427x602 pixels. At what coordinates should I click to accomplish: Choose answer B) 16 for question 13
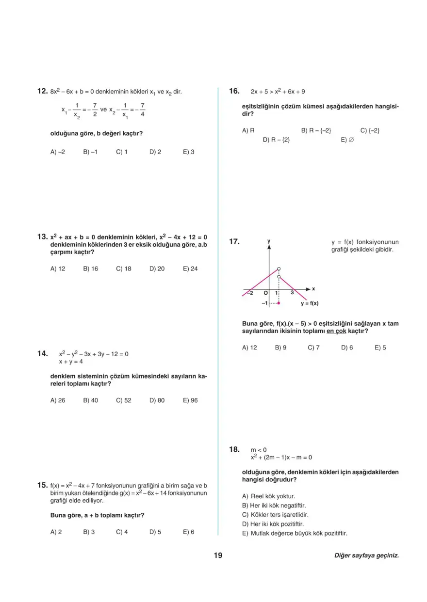pyautogui.click(x=90, y=269)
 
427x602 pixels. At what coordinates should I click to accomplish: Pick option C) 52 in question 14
pyautogui.click(x=123, y=400)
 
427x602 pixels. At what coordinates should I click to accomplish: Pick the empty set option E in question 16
pyautogui.click(x=347, y=140)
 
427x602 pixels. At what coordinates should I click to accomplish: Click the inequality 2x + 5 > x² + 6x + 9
pyautogui.click(x=278, y=91)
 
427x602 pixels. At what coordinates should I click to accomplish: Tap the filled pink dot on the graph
pyautogui.click(x=279, y=303)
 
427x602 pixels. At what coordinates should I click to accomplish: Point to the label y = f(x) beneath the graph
pyautogui.click(x=310, y=303)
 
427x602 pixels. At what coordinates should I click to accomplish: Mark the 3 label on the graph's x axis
pyautogui.click(x=293, y=293)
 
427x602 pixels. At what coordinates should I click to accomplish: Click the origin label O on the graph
pyautogui.click(x=266, y=293)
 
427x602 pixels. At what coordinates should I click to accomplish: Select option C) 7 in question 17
pyautogui.click(x=313, y=348)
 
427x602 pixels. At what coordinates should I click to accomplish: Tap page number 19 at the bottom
pyautogui.click(x=217, y=555)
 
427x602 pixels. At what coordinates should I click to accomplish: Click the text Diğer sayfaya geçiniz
pyautogui.click(x=366, y=556)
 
